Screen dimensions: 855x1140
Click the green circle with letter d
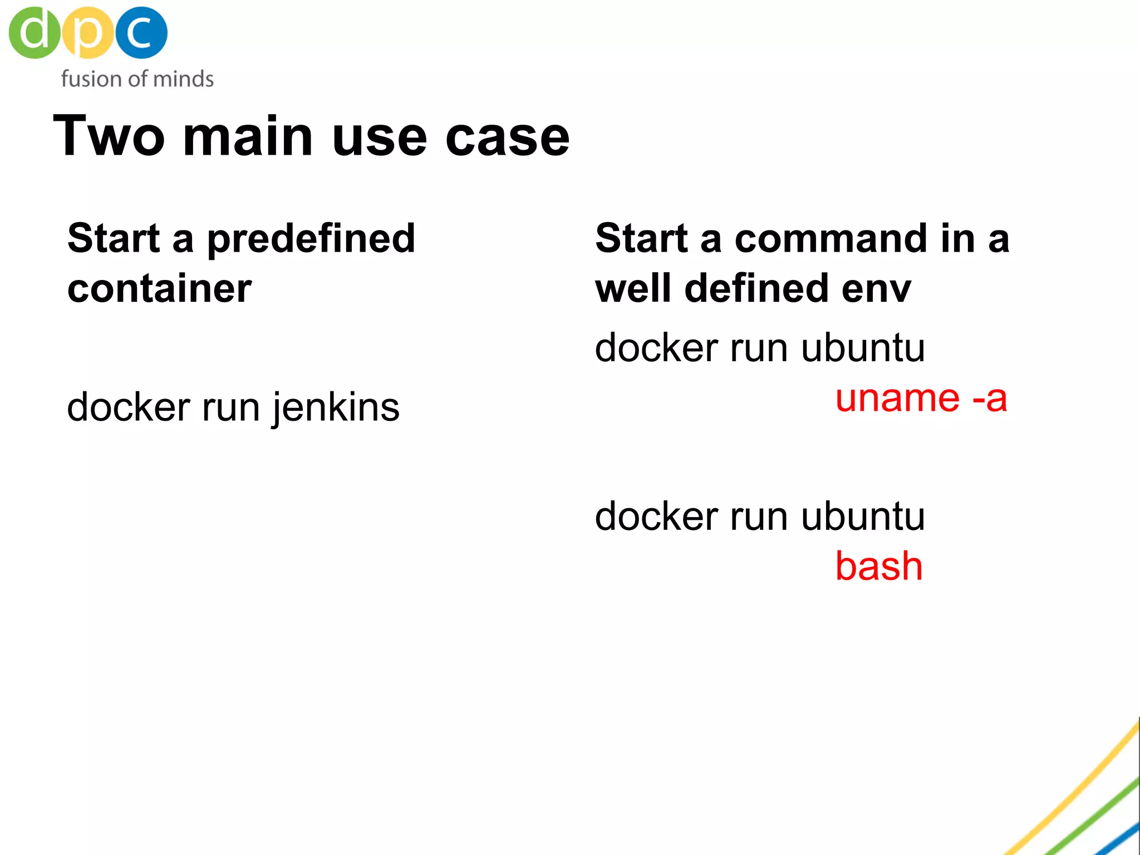click(35, 32)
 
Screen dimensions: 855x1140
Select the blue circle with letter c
click(141, 32)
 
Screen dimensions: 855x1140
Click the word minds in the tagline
click(183, 79)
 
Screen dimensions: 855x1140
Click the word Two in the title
click(109, 136)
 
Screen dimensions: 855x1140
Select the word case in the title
click(507, 137)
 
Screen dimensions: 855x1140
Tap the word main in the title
click(248, 136)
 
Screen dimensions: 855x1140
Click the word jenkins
click(336, 407)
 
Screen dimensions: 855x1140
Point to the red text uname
click(897, 399)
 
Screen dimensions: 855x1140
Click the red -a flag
click(990, 399)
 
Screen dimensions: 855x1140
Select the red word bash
click(879, 567)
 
